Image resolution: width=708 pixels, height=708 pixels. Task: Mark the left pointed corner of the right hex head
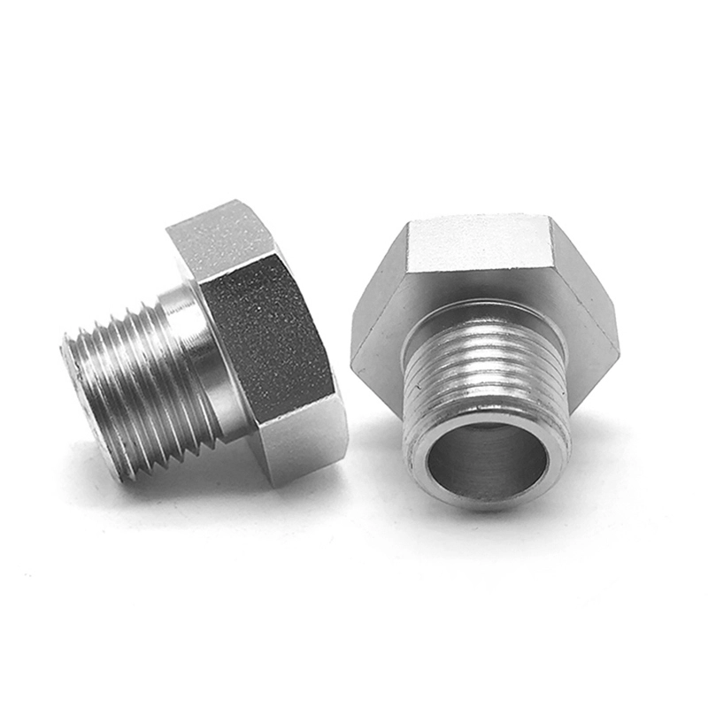pos(354,354)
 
